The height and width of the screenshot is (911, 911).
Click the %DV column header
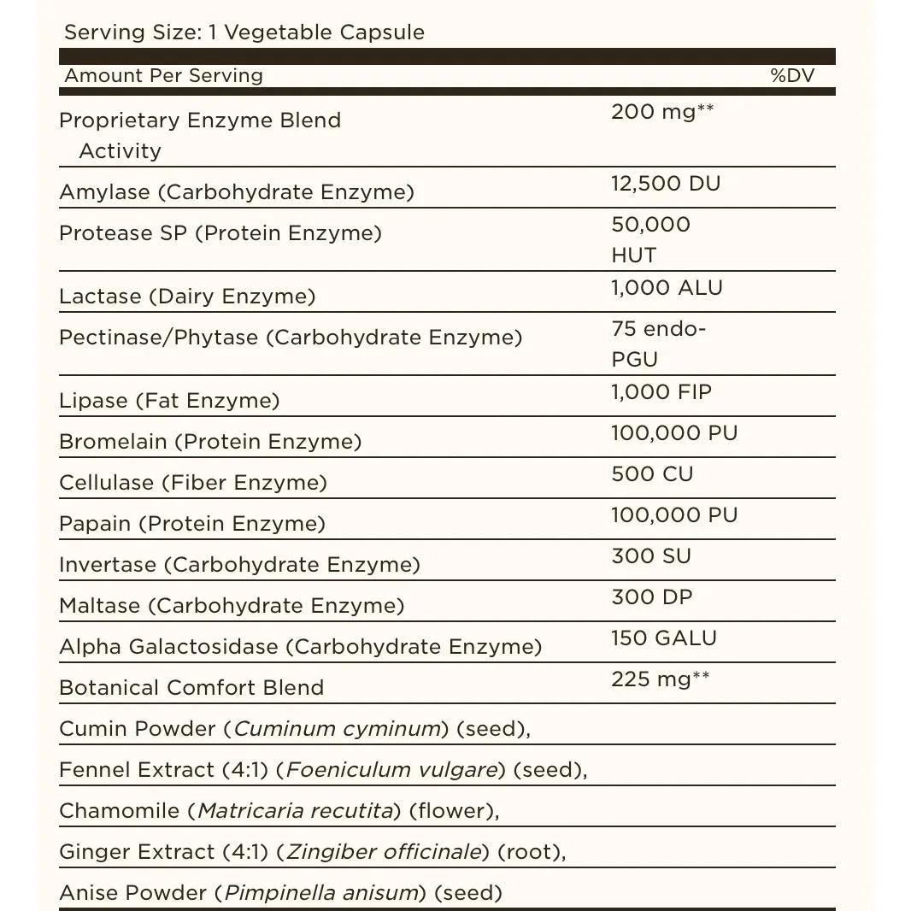click(x=791, y=75)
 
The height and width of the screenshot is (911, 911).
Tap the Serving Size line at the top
click(x=244, y=32)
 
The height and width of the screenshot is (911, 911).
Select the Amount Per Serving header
click(x=163, y=75)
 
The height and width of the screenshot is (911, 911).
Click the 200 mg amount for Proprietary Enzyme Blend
click(x=662, y=112)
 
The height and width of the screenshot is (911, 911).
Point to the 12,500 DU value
click(x=666, y=184)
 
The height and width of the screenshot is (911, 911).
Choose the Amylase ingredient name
click(x=104, y=192)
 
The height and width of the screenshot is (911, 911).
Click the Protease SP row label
click(x=220, y=233)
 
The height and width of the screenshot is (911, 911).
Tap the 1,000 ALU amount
click(x=667, y=288)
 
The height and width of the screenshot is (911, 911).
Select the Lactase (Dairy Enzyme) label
click(x=187, y=297)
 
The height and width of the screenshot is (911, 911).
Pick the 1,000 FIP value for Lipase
click(x=661, y=392)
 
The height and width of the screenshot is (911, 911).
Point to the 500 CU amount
click(x=652, y=474)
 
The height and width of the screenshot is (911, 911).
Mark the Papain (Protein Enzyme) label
click(x=192, y=524)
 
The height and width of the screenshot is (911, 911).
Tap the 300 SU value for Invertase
click(x=651, y=556)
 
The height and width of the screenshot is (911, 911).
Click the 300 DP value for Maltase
click(x=651, y=597)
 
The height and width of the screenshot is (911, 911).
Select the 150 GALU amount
click(x=664, y=638)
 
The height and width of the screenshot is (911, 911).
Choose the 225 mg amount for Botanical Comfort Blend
click(x=660, y=679)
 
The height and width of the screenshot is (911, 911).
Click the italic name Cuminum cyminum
click(x=337, y=729)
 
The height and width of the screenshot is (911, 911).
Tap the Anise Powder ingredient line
click(x=280, y=893)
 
